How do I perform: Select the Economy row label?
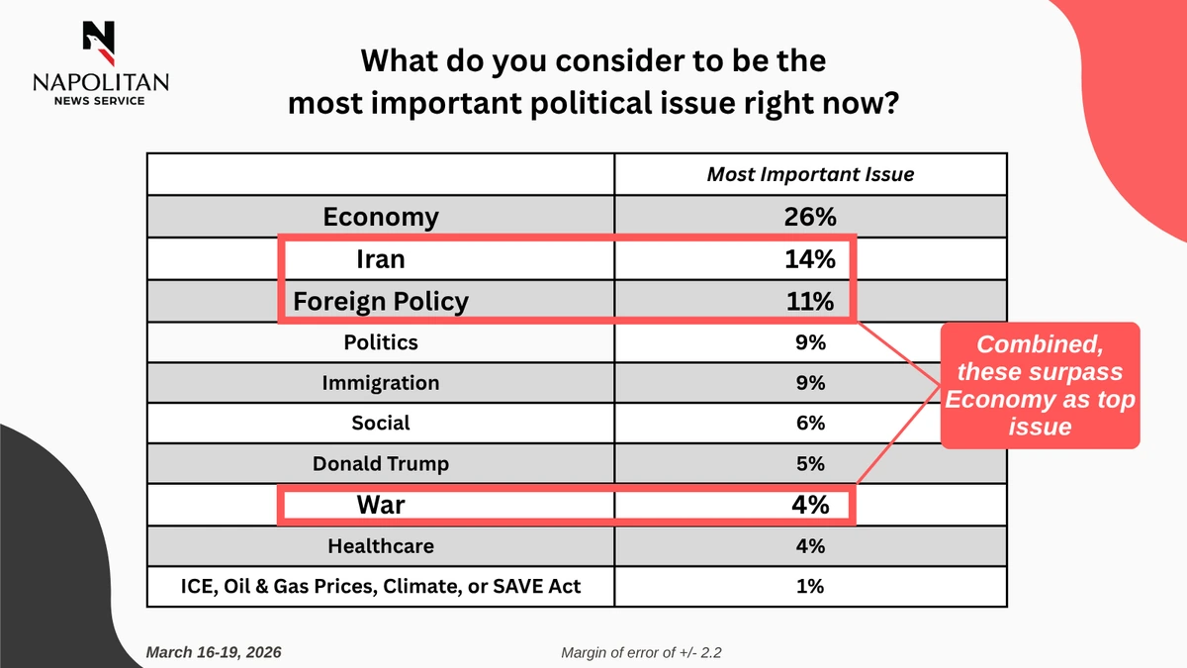tap(381, 217)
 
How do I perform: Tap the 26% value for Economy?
tap(809, 217)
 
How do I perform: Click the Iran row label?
tap(381, 259)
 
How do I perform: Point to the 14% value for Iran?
tap(809, 259)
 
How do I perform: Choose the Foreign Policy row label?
tap(381, 301)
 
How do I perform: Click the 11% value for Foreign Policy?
tap(809, 301)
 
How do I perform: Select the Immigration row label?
tap(381, 383)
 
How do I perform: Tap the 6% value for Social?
tap(809, 424)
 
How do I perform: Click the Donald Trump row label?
tap(381, 464)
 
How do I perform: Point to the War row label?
tap(381, 505)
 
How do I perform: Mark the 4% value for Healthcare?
tap(809, 545)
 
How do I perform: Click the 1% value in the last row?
tap(809, 587)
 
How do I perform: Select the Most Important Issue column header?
tap(809, 174)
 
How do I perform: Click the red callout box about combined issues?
tap(1041, 386)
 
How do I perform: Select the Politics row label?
tap(381, 342)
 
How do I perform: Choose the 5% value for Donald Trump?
tap(809, 464)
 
